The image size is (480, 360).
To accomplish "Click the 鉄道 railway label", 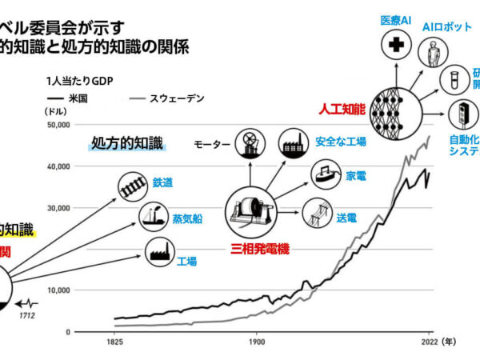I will point(161,182).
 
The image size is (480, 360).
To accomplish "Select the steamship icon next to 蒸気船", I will point(152,215).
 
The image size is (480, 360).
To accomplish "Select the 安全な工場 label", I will point(341,142).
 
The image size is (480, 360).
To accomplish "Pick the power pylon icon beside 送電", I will point(318,214).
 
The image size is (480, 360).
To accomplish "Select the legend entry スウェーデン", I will point(183,98).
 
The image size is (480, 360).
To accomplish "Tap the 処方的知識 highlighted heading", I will point(127,144).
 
